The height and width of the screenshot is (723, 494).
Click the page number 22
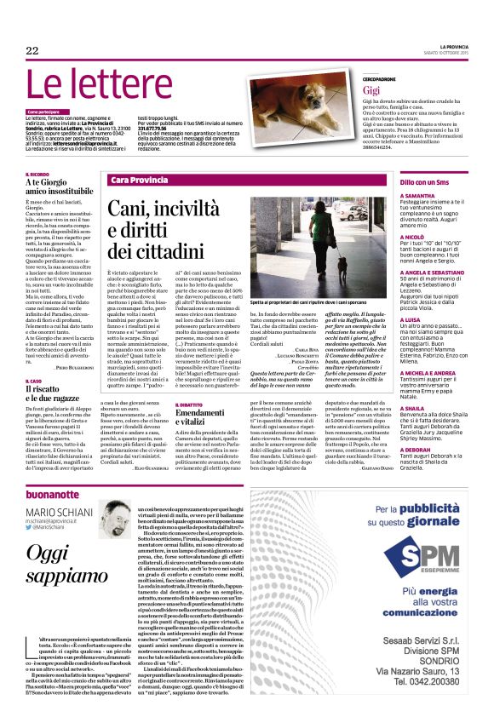coord(32,51)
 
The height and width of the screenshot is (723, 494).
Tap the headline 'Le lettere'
coord(106,89)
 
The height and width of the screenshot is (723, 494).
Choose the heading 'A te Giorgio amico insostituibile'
coord(56,187)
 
